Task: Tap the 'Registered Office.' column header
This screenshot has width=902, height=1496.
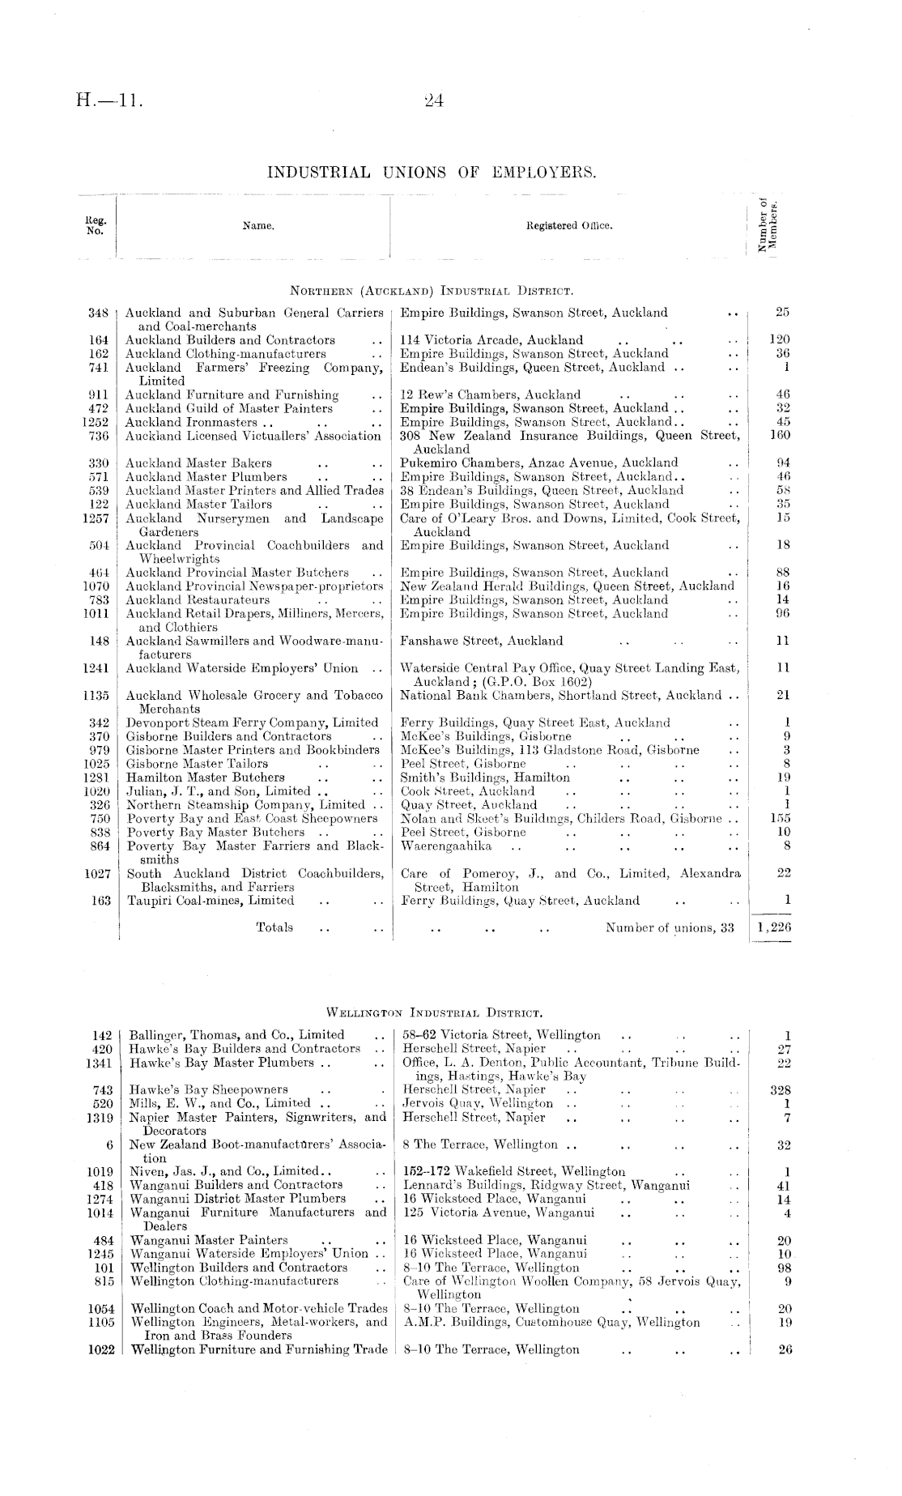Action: coord(570,226)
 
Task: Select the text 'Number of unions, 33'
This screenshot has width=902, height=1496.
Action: coord(670,928)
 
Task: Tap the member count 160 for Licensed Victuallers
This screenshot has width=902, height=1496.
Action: coord(779,436)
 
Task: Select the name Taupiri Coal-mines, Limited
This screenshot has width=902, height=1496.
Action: coord(211,901)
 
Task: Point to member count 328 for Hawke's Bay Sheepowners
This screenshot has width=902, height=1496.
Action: coord(781,1090)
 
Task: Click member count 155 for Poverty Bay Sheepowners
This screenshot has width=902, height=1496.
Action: coord(781,819)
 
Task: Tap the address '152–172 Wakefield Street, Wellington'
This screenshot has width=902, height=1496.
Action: coord(514,1172)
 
